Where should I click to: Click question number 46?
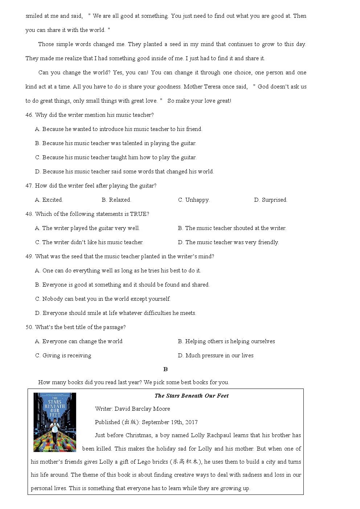point(29,115)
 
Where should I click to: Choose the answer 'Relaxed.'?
point(116,200)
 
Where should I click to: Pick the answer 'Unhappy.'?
point(194,200)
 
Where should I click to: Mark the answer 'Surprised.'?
point(271,200)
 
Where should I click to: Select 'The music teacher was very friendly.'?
point(228,242)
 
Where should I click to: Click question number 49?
point(29,256)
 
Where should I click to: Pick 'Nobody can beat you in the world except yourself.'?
point(103,299)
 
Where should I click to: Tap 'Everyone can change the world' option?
point(79,341)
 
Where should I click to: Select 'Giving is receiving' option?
point(63,356)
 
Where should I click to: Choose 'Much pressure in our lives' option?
point(216,356)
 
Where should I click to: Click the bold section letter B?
point(165,369)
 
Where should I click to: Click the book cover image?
point(55,422)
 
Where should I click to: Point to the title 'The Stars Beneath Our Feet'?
point(192,396)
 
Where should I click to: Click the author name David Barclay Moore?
point(142,409)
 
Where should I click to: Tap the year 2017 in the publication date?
point(191,422)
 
